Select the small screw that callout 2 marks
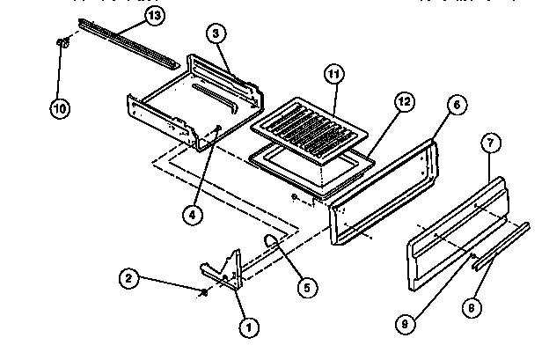click(204, 292)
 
